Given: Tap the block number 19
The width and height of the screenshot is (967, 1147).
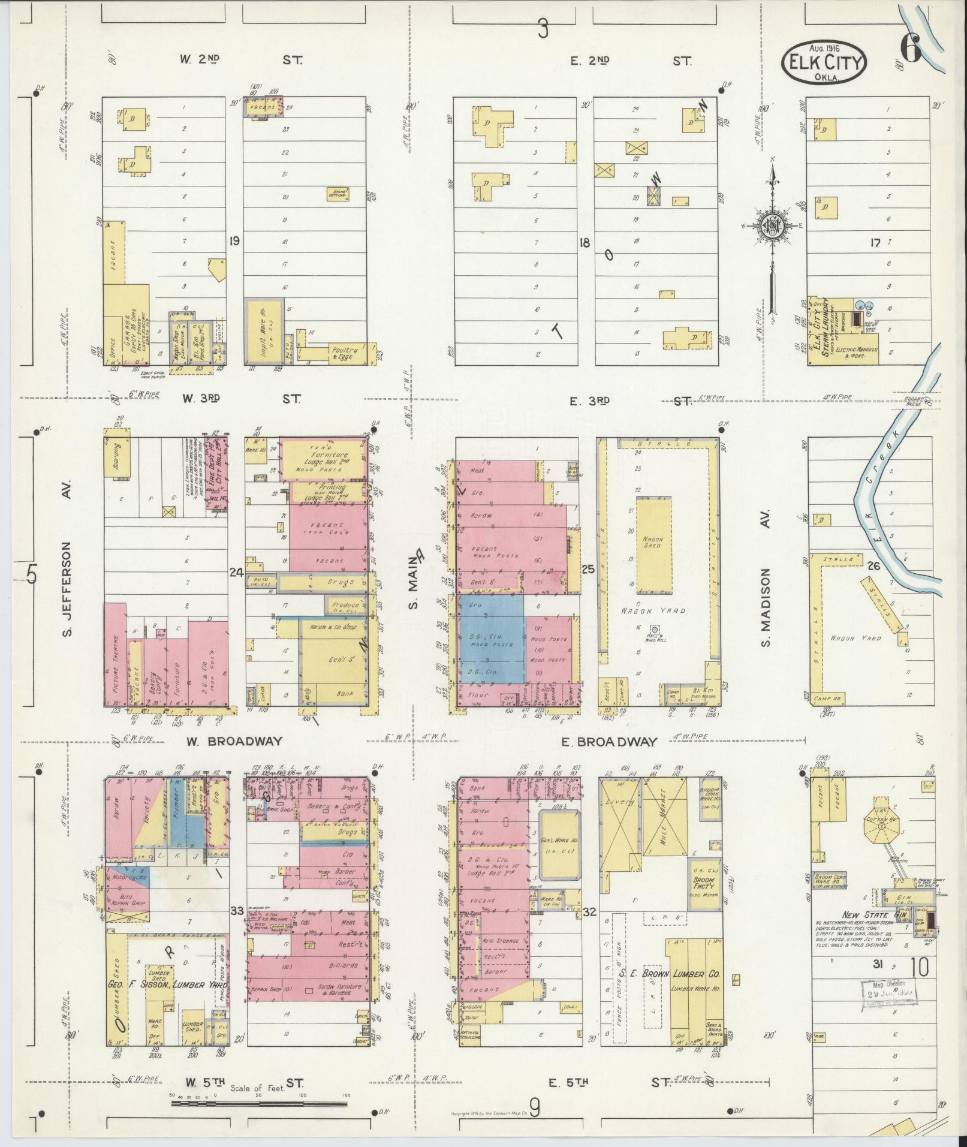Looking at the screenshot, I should pyautogui.click(x=234, y=241).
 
